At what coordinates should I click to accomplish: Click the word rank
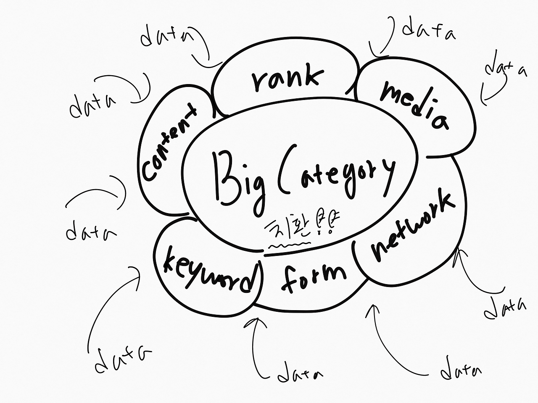pyautogui.click(x=288, y=79)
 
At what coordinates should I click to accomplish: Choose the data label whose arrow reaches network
pyautogui.click(x=504, y=309)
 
